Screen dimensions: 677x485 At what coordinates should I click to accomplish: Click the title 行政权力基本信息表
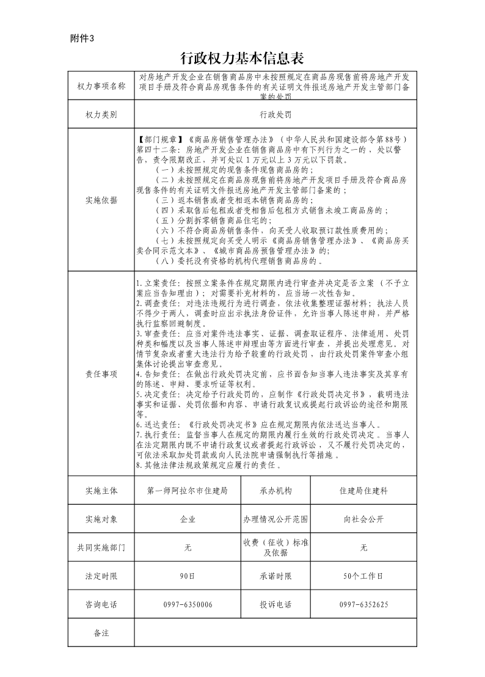pyautogui.click(x=242, y=58)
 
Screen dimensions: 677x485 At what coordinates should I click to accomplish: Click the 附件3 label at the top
pyautogui.click(x=82, y=38)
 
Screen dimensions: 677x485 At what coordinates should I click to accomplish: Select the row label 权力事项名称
pyautogui.click(x=101, y=86)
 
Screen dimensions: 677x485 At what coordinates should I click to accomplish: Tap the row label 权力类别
pyautogui.click(x=101, y=114)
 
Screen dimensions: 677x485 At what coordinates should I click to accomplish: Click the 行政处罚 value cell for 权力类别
pyautogui.click(x=275, y=114)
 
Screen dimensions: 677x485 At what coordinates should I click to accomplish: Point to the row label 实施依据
pyautogui.click(x=101, y=199)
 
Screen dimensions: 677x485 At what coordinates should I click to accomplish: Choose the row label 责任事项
pyautogui.click(x=101, y=374)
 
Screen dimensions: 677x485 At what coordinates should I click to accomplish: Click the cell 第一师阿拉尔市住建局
pyautogui.click(x=188, y=491)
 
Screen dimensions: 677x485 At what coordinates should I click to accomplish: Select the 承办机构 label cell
pyautogui.click(x=275, y=491)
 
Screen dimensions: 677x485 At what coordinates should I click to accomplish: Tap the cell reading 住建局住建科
pyautogui.click(x=363, y=491)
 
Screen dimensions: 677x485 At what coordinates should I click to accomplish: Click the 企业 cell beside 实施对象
pyautogui.click(x=188, y=519)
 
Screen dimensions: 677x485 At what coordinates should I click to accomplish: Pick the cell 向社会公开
pyautogui.click(x=363, y=519)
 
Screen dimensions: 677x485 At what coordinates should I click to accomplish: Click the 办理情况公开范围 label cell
pyautogui.click(x=275, y=519)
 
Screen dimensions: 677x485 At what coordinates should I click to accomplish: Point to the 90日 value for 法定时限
pyautogui.click(x=188, y=576)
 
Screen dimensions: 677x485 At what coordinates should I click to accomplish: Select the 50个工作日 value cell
pyautogui.click(x=363, y=576)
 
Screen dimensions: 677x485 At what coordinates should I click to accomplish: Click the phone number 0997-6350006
pyautogui.click(x=188, y=604)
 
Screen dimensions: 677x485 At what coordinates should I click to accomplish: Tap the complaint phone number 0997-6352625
pyautogui.click(x=363, y=604)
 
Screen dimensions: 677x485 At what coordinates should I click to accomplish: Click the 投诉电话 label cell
pyautogui.click(x=275, y=604)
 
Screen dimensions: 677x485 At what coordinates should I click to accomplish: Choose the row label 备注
pyautogui.click(x=101, y=632)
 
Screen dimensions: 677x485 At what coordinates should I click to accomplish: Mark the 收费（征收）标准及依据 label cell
pyautogui.click(x=275, y=547)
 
